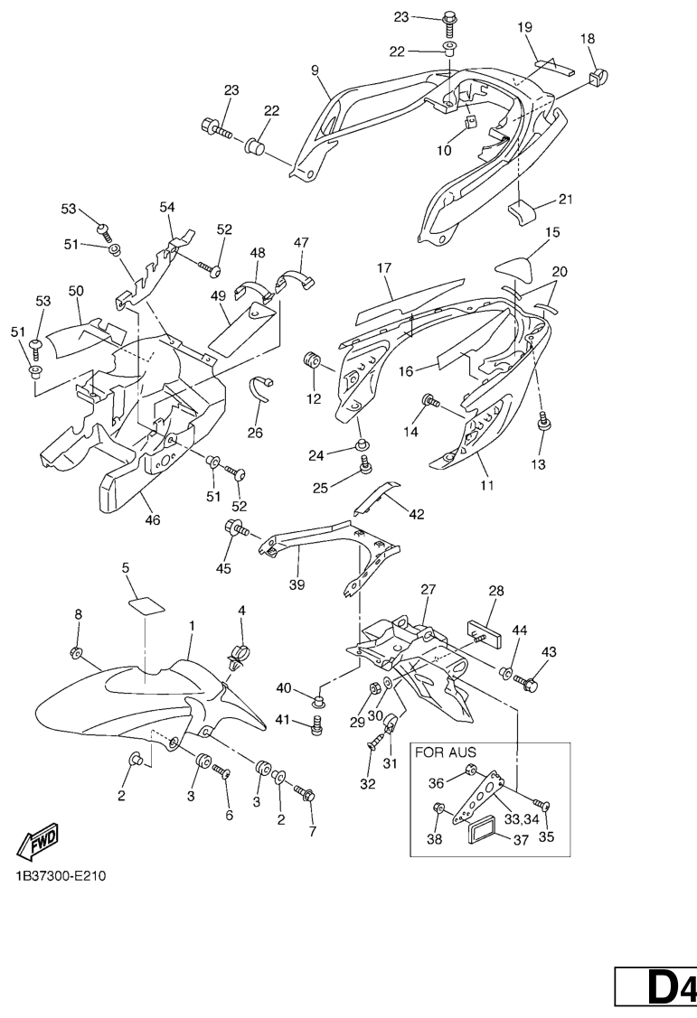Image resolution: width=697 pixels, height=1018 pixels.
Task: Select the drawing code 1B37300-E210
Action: coord(60,877)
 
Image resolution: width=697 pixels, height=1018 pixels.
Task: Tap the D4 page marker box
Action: coord(656,985)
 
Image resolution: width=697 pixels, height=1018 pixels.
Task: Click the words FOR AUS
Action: coord(445,752)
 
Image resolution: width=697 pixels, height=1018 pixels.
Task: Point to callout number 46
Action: coord(153,520)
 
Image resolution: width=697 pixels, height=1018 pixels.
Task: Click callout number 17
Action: coord(384,268)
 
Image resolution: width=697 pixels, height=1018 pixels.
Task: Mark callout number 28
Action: coord(496,591)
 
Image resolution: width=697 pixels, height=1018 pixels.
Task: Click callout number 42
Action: coord(416,515)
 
